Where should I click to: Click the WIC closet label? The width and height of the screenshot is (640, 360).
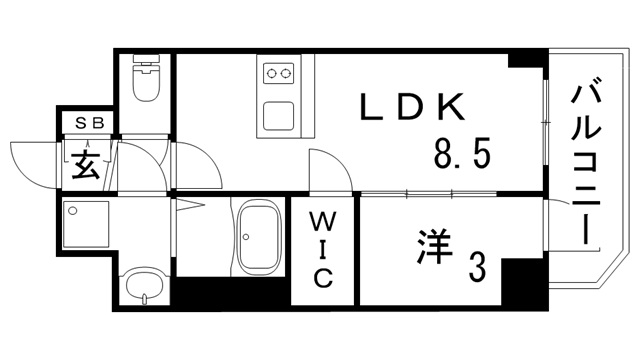[x=323, y=249]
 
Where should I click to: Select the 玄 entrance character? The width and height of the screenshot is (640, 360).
[x=86, y=162]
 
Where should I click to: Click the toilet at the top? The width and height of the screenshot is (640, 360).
[x=146, y=80]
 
